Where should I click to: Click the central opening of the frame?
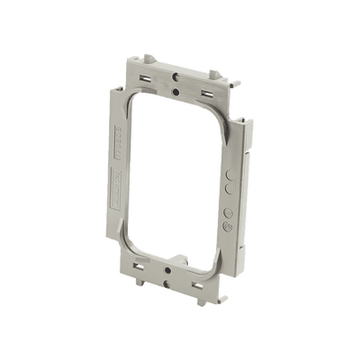(x=176, y=180)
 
